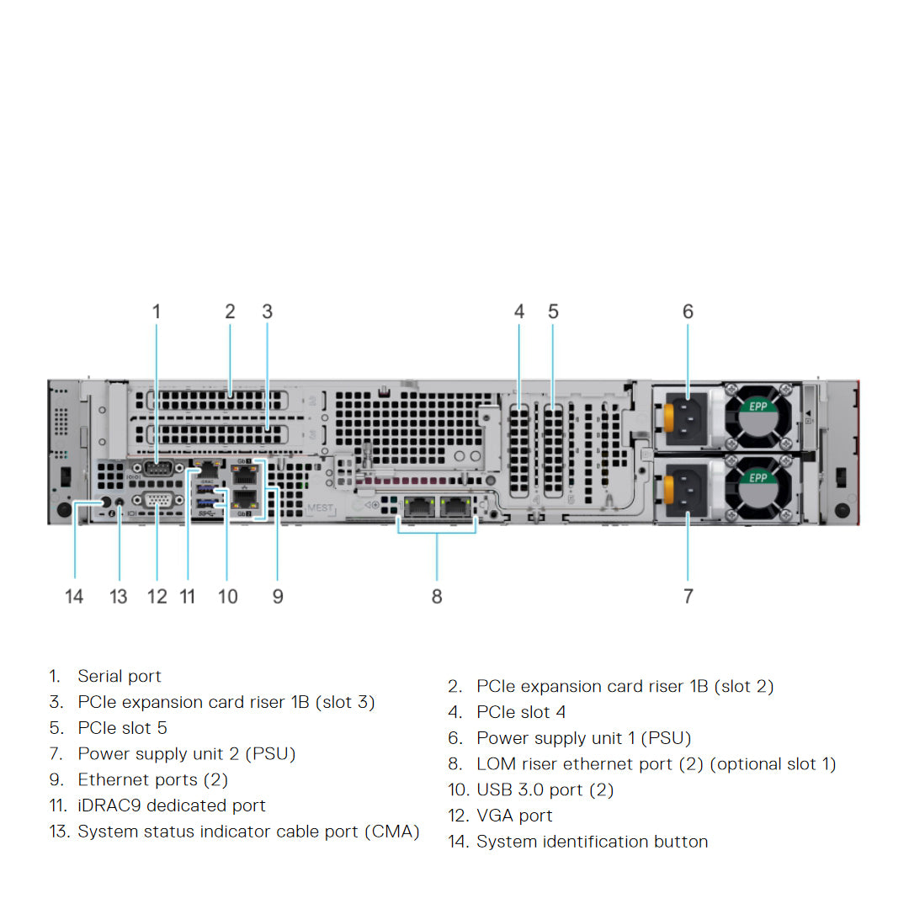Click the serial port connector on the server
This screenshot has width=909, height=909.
click(157, 470)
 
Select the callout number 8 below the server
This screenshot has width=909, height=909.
click(437, 597)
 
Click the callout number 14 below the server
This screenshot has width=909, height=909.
click(74, 597)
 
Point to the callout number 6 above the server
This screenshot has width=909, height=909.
click(688, 311)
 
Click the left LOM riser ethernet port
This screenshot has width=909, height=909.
click(417, 506)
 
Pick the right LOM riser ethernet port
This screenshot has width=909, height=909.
click(454, 506)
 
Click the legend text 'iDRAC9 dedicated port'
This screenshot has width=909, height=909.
click(172, 805)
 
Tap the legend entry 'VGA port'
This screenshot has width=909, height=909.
click(514, 816)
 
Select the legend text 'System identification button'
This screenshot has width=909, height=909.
click(592, 842)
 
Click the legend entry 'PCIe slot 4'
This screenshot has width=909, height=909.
click(521, 712)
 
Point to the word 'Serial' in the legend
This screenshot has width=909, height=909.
click(98, 676)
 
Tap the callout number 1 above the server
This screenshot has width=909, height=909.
click(156, 311)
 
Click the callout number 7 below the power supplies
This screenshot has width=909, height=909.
click(688, 597)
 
